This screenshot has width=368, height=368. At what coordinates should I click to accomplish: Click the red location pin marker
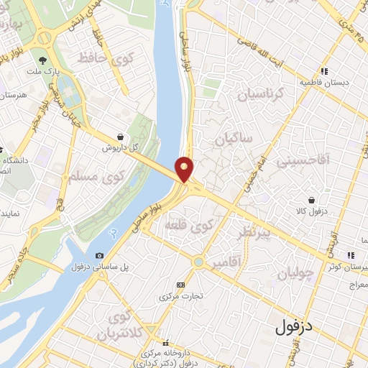pyautogui.click(x=185, y=168)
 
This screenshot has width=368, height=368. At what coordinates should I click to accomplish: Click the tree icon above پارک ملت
pyautogui.click(x=43, y=61)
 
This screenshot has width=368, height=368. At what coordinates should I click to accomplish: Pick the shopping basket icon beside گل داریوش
pyautogui.click(x=119, y=137)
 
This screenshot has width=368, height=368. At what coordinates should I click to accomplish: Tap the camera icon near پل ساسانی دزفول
pyautogui.click(x=99, y=255)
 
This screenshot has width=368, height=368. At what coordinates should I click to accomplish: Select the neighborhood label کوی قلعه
pyautogui.click(x=190, y=225)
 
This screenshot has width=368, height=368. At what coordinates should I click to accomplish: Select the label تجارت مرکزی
pyautogui.click(x=179, y=295)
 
